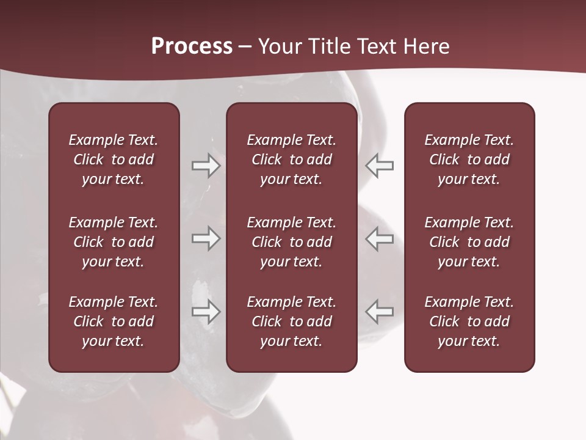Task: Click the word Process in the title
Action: pos(192,46)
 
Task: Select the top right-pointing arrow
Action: pos(206,166)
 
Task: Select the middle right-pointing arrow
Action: pos(206,238)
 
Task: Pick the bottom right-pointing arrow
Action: pos(206,311)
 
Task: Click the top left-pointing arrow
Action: pos(380,166)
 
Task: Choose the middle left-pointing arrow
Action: pos(380,238)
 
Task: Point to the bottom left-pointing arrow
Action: pos(380,311)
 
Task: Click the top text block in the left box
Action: pos(114,159)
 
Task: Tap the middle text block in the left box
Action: pos(114,242)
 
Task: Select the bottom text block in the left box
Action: pos(114,321)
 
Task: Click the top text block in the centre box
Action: pos(292,159)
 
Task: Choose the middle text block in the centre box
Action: pos(292,242)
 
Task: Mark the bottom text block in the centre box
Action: pos(292,321)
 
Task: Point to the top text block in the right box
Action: pos(469,159)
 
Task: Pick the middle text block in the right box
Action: pos(469,242)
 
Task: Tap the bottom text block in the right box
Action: pos(469,321)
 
